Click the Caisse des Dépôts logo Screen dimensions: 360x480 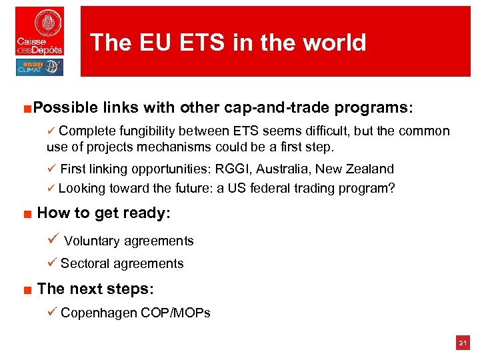click(x=39, y=31)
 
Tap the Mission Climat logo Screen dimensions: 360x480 click(x=39, y=67)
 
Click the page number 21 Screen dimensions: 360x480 click(x=462, y=343)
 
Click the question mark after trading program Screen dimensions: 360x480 click(x=392, y=188)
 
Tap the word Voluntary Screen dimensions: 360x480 click(x=91, y=241)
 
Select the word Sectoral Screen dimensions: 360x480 click(x=85, y=263)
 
